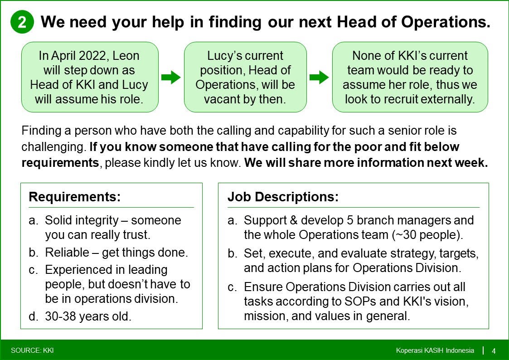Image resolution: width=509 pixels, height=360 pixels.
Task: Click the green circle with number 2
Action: click(x=22, y=22)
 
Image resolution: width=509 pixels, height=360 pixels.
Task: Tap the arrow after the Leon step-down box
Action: click(x=171, y=77)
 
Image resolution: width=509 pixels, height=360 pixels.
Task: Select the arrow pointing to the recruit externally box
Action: click(x=319, y=77)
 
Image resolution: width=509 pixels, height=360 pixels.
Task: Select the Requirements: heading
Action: click(x=75, y=197)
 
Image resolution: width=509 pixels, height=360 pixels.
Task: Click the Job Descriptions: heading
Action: click(x=283, y=197)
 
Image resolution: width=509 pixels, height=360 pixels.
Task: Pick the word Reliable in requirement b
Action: click(x=67, y=253)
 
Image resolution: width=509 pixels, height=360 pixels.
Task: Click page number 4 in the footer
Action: click(x=494, y=351)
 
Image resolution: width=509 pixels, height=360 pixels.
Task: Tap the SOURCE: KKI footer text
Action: click(x=32, y=350)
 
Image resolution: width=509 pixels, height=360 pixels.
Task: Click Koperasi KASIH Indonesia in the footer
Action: click(x=435, y=350)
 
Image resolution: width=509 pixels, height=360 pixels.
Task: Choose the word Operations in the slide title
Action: click(x=446, y=22)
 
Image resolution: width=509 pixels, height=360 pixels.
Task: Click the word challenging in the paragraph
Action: click(x=53, y=147)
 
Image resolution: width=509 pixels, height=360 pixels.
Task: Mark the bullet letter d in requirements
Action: click(x=34, y=316)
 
